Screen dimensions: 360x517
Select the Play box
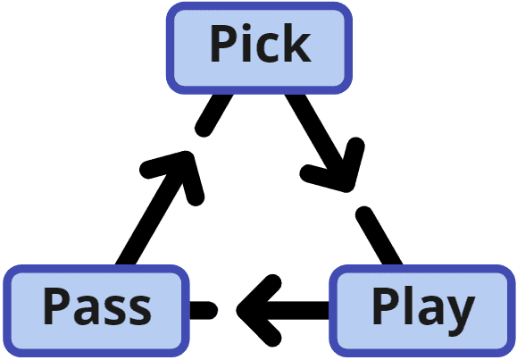(422, 308)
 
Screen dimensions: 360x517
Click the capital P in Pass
(56, 308)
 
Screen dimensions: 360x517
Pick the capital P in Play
(385, 307)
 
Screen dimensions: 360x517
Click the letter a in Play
(429, 312)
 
